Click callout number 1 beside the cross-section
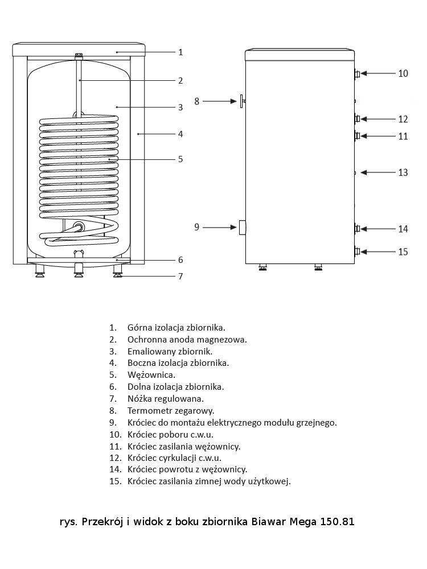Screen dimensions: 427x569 [x=180, y=52]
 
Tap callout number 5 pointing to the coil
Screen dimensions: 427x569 [x=180, y=159]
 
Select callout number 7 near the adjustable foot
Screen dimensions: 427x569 [x=180, y=277]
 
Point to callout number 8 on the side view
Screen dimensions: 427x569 [x=197, y=101]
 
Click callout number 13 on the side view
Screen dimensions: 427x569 [x=403, y=172]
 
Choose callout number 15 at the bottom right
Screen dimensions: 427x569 [x=403, y=252]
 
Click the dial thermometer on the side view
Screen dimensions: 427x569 [x=242, y=101]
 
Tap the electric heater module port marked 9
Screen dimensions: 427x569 [x=242, y=228]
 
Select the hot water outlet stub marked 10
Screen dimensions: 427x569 [x=357, y=73]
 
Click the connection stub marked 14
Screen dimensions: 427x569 [x=357, y=229]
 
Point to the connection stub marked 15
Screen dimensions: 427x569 [x=357, y=251]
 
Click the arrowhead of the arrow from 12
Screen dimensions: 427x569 [x=364, y=119]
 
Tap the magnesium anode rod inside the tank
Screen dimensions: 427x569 [x=79, y=86]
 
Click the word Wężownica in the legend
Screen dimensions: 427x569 [x=151, y=375]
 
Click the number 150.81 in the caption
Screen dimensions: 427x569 [x=337, y=522]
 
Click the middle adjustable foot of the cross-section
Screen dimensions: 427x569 [x=79, y=270]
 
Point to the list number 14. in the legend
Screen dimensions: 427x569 [x=115, y=469]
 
